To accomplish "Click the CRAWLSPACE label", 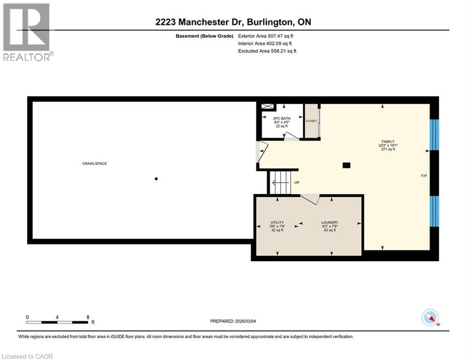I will click(91, 164).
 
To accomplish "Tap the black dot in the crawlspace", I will click(156, 178).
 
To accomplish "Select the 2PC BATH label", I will click(282, 118).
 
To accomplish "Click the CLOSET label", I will click(311, 121).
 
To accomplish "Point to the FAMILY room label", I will click(388, 142).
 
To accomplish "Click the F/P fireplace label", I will click(423, 176).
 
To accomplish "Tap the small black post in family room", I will click(346, 165).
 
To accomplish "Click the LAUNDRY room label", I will click(330, 223).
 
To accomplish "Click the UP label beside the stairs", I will click(296, 183).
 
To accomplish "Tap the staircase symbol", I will click(280, 181).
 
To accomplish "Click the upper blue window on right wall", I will click(435, 135).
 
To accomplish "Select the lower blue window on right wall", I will click(435, 210).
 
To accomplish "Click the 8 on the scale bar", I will click(88, 317).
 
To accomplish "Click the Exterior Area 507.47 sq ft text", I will click(267, 36).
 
